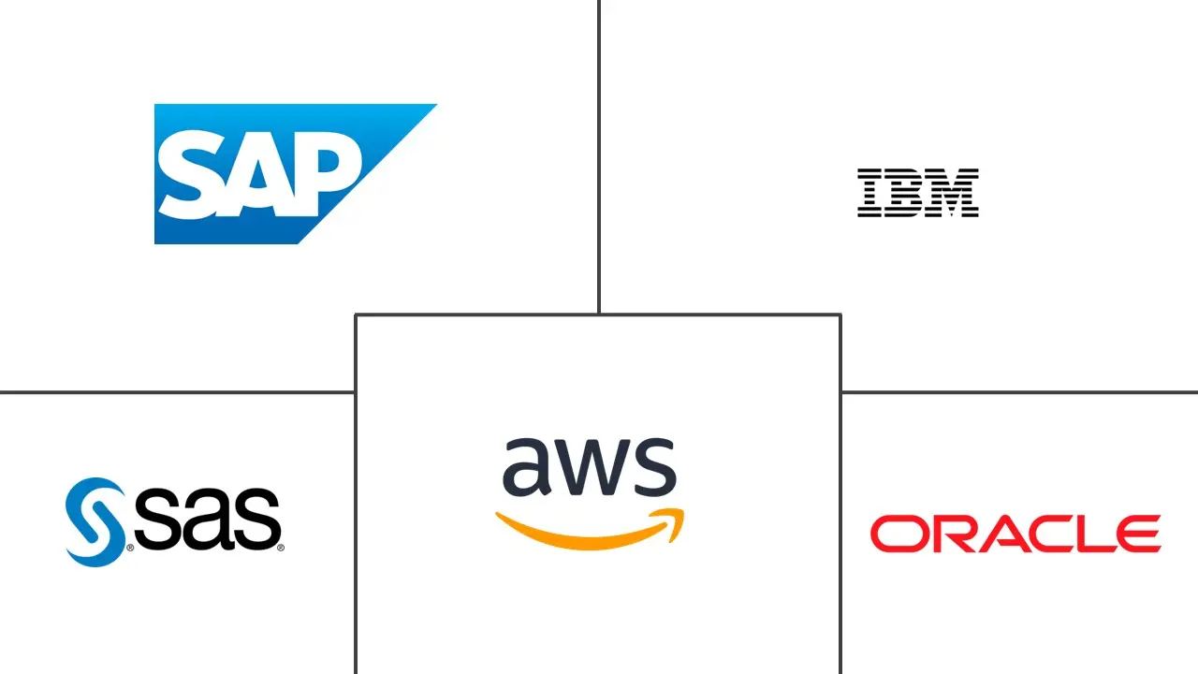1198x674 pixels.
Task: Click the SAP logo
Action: pyautogui.click(x=281, y=174)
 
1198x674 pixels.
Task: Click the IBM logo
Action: pyautogui.click(x=917, y=193)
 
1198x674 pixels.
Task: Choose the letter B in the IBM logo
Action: pyautogui.click(x=905, y=193)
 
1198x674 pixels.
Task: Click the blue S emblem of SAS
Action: pyautogui.click(x=95, y=520)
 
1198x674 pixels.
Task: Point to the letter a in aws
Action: pyautogui.click(x=526, y=468)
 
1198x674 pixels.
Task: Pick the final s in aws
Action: pyautogui.click(x=655, y=468)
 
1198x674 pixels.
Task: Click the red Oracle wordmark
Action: pyautogui.click(x=1015, y=534)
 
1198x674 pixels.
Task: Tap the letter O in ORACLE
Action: pyautogui.click(x=896, y=534)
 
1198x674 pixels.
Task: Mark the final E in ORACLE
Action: pyautogui.click(x=1136, y=534)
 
